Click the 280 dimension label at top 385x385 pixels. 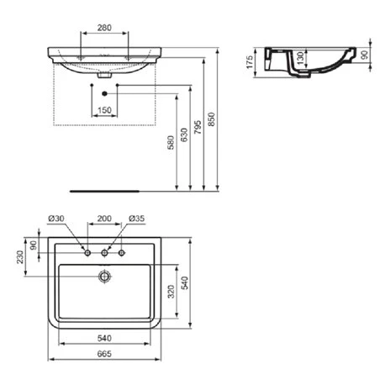[104, 29]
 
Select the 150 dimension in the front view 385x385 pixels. [104, 110]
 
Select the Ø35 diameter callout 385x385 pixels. [136, 219]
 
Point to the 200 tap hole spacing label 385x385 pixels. [103, 219]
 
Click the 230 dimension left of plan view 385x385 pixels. [19, 257]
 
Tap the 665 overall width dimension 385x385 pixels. [104, 356]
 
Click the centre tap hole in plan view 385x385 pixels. [104, 252]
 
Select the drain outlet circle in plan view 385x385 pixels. [104, 275]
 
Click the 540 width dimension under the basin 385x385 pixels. [104, 338]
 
